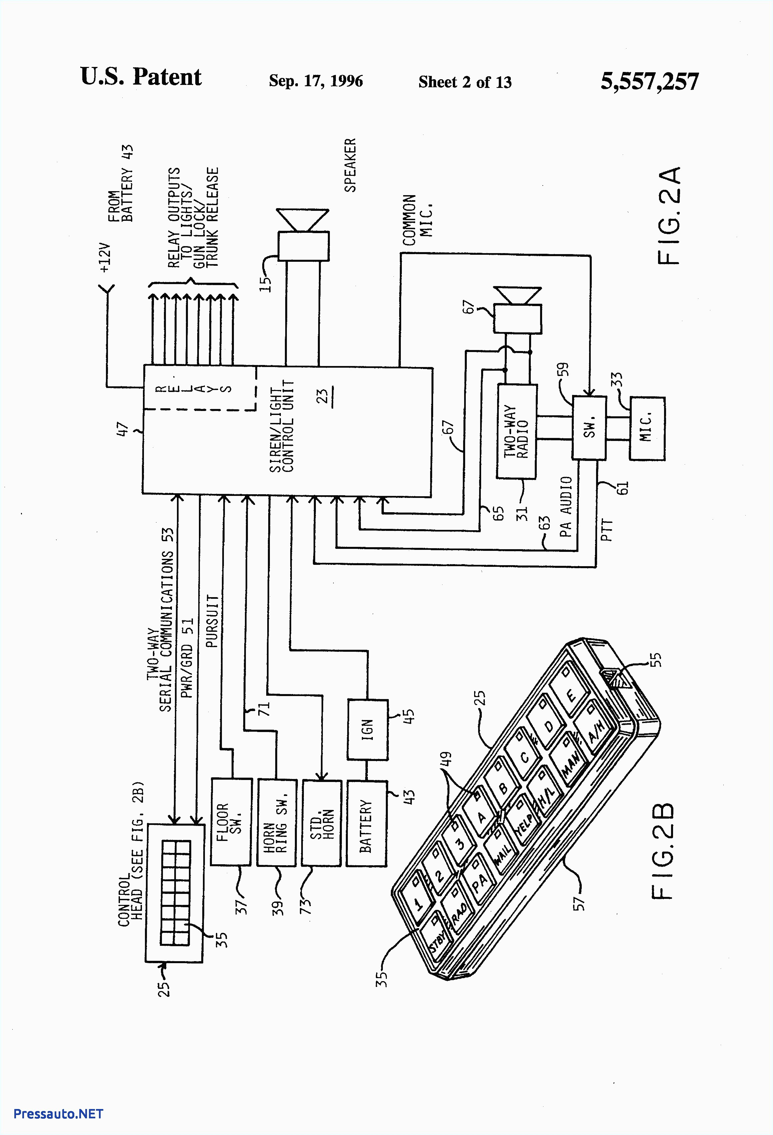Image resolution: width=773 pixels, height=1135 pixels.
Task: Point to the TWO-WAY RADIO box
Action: coord(516,431)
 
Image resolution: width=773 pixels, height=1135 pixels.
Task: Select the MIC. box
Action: coord(646,428)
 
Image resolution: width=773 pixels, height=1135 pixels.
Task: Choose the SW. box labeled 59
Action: coord(589,427)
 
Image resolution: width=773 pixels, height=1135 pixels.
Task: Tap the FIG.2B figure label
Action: coord(663,850)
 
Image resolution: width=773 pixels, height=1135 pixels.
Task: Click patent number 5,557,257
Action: coord(649,81)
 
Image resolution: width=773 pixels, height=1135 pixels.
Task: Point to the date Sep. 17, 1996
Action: coord(316,81)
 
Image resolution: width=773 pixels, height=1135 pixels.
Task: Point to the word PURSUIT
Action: coord(212,621)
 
